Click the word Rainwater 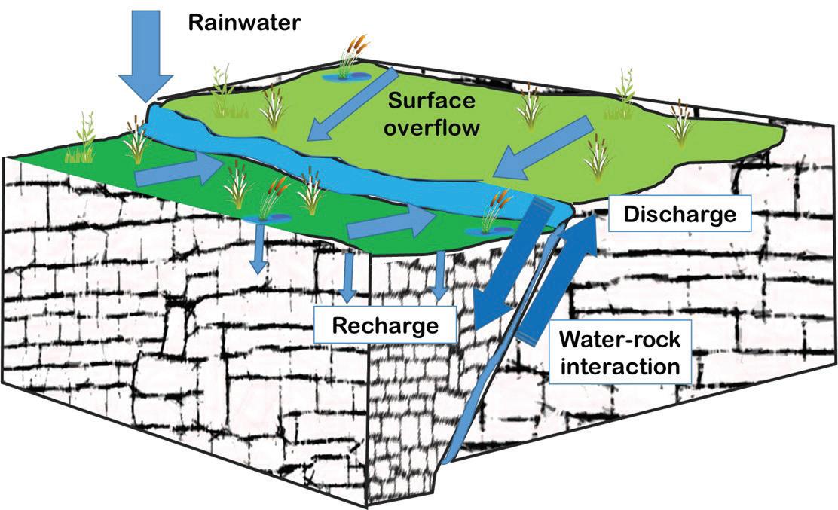pyautogui.click(x=244, y=22)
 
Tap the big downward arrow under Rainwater pyautogui.click(x=146, y=60)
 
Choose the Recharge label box pyautogui.click(x=385, y=326)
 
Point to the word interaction pyautogui.click(x=619, y=367)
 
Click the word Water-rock pyautogui.click(x=620, y=340)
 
